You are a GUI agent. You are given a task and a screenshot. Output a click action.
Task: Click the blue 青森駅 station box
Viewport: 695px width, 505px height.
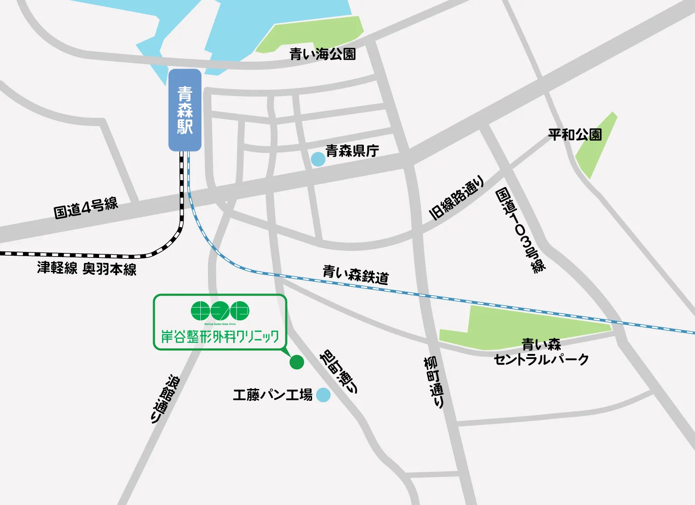pos(185,110)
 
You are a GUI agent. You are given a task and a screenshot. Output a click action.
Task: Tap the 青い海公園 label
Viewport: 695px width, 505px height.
pos(323,54)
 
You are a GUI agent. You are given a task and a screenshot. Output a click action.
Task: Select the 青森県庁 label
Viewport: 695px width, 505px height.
pos(352,151)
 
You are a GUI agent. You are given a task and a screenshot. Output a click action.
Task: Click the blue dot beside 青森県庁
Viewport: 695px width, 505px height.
pos(318,159)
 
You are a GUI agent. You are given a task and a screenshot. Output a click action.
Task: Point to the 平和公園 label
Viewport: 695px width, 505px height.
pos(575,135)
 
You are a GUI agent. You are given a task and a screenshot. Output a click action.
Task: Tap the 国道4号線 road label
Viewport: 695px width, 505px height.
pos(86,208)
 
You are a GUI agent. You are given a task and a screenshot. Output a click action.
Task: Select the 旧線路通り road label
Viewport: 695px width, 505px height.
pos(457,198)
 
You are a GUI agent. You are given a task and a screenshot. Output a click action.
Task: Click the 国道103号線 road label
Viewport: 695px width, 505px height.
pos(520,230)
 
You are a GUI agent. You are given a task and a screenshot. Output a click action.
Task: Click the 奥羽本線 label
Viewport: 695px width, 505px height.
pos(109,269)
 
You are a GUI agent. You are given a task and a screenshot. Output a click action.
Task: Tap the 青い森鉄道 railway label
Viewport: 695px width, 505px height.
pos(356,274)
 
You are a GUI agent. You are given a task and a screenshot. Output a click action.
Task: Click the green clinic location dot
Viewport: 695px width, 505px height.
pos(297,362)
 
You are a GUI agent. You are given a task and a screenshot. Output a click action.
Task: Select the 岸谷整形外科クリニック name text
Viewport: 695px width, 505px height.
pos(220,336)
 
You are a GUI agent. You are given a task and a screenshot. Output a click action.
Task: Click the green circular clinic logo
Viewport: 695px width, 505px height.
pos(220,311)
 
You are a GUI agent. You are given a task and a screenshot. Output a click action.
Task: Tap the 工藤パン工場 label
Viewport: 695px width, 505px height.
pos(273,394)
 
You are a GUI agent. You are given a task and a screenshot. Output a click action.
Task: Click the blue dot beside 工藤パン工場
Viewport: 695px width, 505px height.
pos(323,394)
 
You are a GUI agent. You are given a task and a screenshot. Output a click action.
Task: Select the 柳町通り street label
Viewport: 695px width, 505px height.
pos(434,382)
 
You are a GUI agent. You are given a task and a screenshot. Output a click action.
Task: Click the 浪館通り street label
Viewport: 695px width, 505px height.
pos(164,399)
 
